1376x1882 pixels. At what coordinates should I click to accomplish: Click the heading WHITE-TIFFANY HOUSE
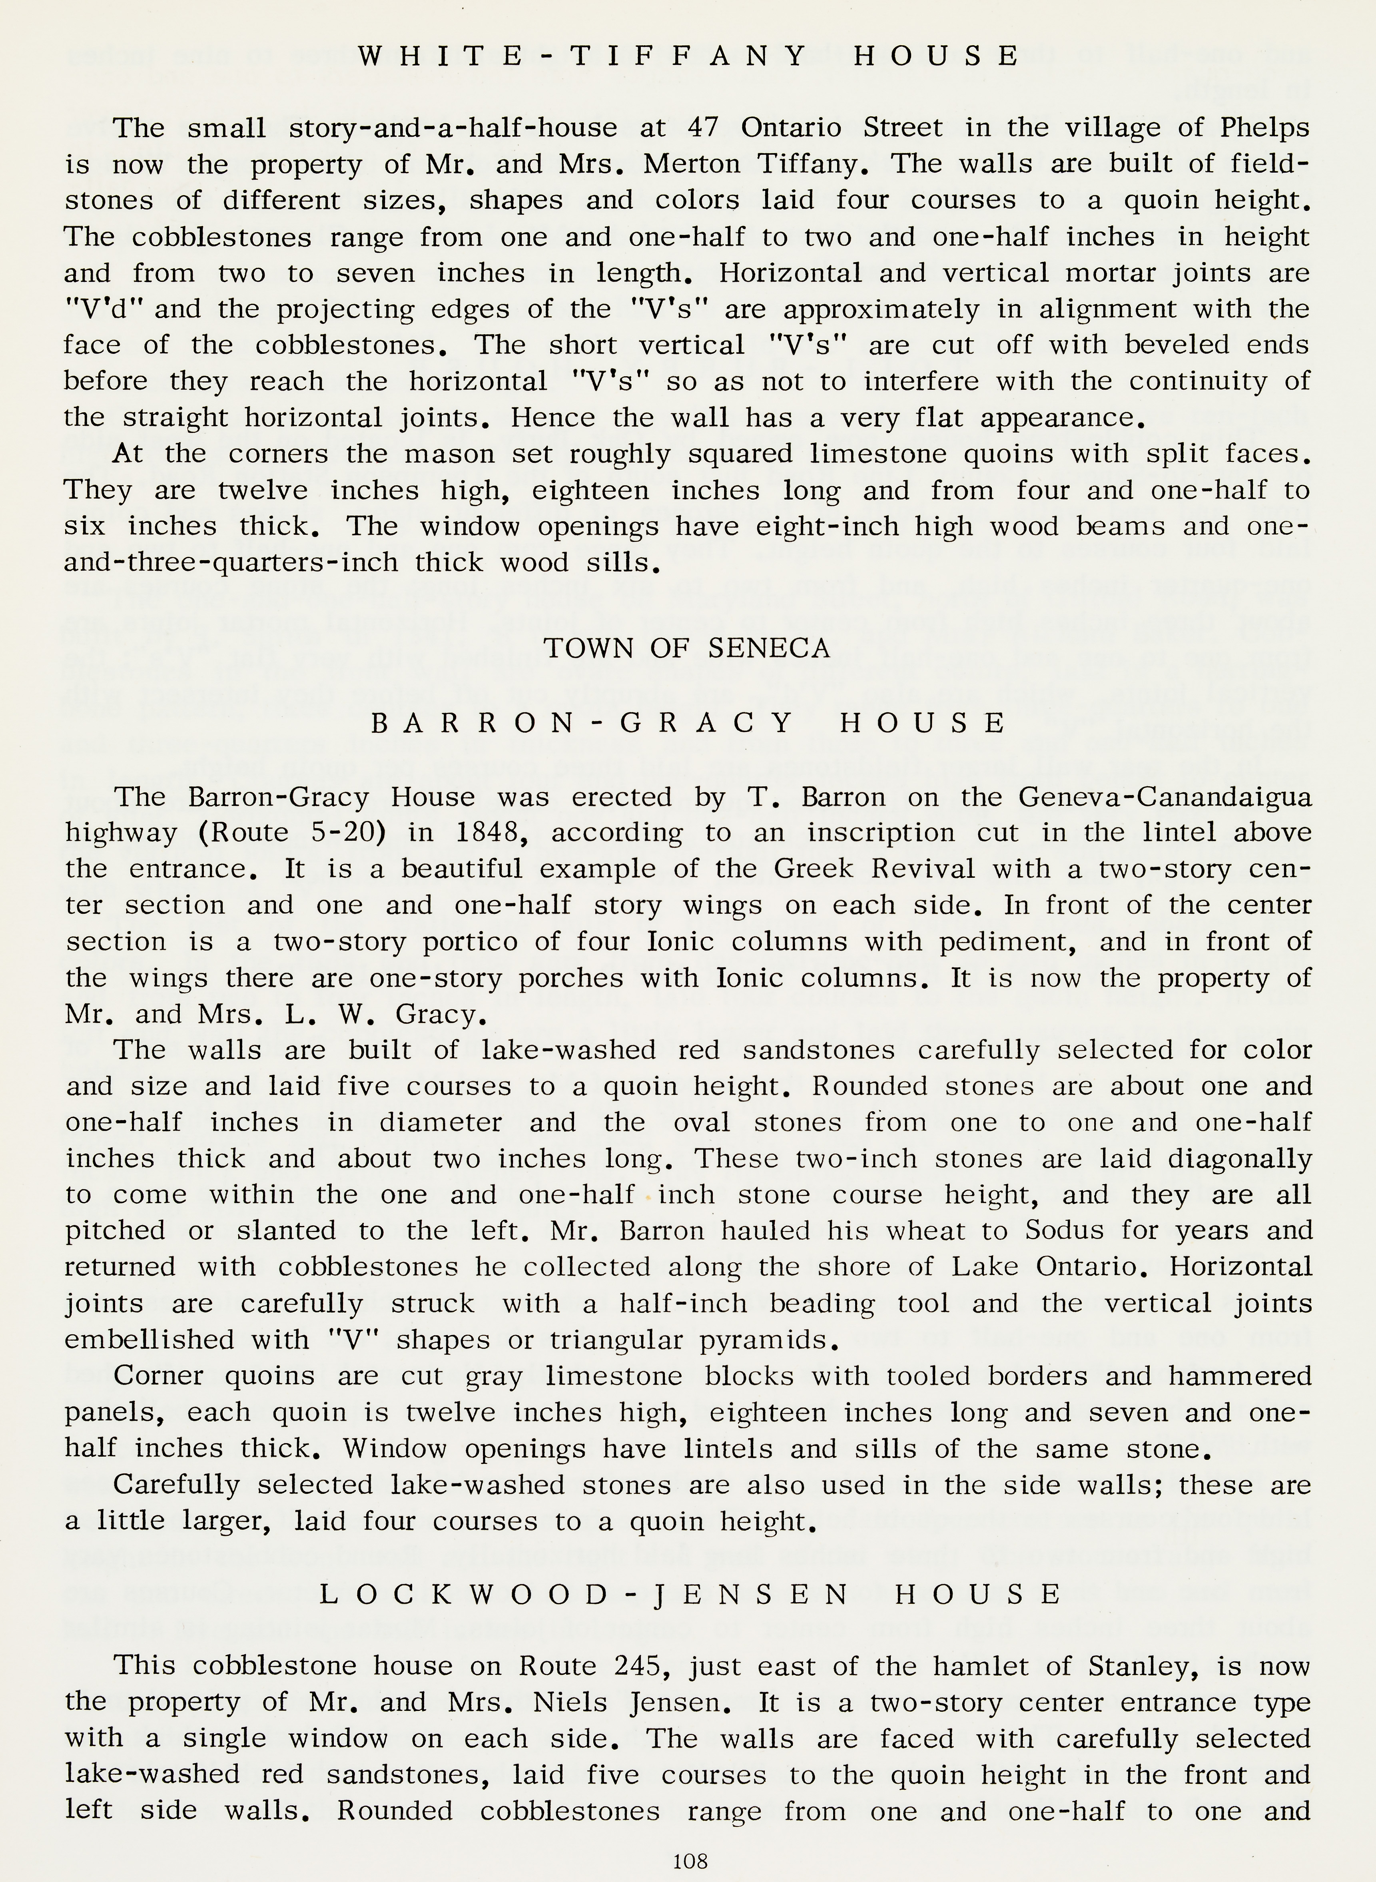pyautogui.click(x=688, y=56)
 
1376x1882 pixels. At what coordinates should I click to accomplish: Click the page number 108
pyautogui.click(x=690, y=1860)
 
